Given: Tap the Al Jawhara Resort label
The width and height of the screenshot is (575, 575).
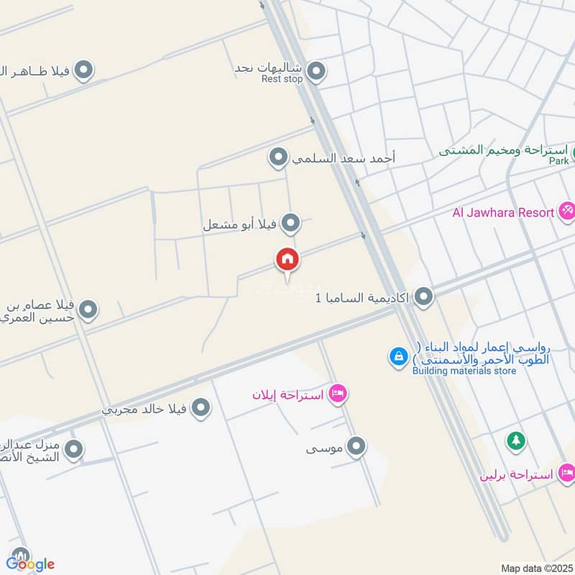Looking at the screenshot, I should tap(502, 212).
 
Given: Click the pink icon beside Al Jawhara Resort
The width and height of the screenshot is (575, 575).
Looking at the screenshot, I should tap(567, 211).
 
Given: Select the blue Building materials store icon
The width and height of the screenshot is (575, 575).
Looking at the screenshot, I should tap(397, 356).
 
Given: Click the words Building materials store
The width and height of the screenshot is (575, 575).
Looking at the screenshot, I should tap(464, 371).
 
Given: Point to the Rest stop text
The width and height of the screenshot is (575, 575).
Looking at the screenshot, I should tap(282, 79).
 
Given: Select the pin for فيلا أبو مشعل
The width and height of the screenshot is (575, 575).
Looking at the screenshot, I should tap(290, 224).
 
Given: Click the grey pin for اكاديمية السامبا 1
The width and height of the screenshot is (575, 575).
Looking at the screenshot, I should tap(424, 296).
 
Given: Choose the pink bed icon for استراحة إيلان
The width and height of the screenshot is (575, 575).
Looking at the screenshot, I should tap(338, 394).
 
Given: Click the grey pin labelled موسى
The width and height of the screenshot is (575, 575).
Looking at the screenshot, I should tap(356, 448).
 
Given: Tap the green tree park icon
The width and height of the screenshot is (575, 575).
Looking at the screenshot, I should tap(515, 441).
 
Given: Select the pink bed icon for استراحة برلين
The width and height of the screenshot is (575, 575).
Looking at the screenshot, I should tap(567, 473).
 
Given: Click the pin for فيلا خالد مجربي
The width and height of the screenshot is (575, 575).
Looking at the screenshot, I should tap(202, 409).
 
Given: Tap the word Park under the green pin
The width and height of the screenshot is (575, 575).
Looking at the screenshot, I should tap(558, 161).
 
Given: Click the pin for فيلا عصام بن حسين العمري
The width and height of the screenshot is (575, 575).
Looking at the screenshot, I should tap(88, 310).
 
